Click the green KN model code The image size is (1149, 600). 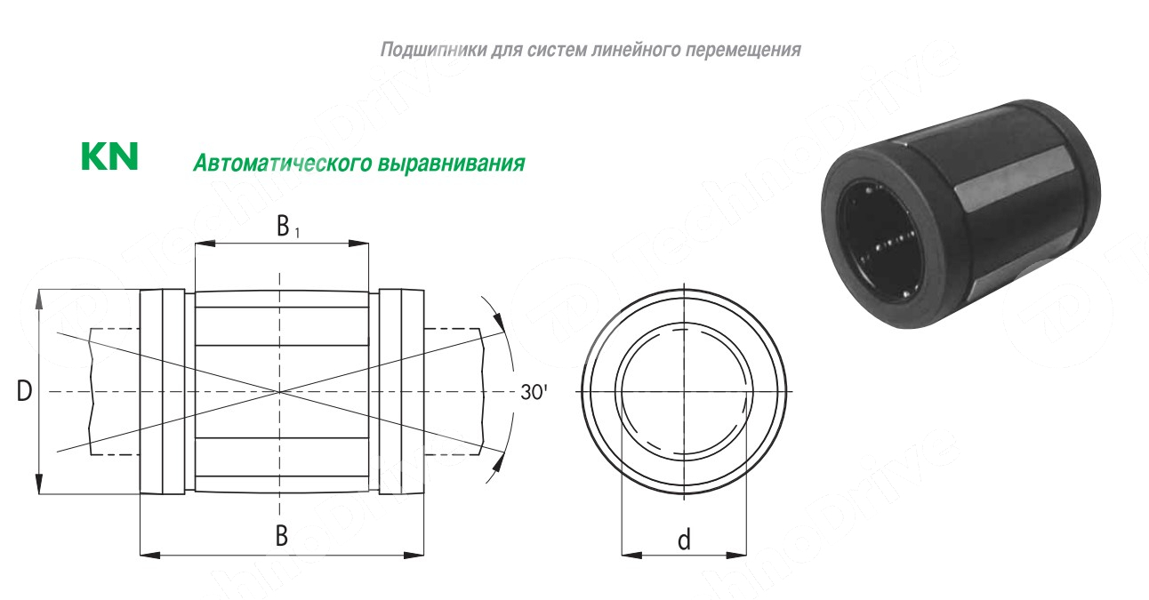point(109,156)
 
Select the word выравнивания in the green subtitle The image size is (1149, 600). point(452,164)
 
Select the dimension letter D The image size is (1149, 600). point(24,391)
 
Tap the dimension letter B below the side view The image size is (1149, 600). point(282,536)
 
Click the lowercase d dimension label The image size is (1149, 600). point(684,540)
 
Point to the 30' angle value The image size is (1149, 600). point(534,392)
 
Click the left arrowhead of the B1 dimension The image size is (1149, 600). point(205,243)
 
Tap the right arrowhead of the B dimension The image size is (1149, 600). point(414,555)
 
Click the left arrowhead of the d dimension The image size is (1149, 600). point(631,555)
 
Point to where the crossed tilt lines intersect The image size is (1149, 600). point(279,392)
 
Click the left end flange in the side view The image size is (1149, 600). point(163,392)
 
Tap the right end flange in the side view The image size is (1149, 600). point(402,392)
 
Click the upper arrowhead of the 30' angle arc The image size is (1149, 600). point(497,322)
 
